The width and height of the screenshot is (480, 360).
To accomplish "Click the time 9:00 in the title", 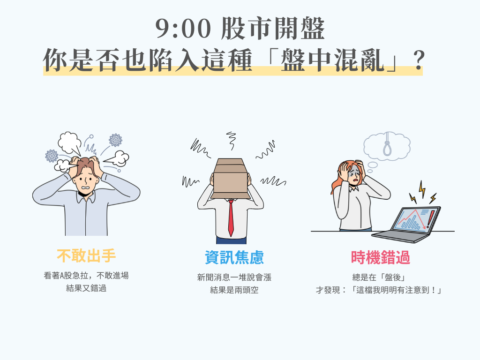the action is (183, 29).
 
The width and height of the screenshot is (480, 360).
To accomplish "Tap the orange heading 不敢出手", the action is (86, 256).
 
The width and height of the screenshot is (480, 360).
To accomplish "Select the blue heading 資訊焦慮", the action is (234, 257).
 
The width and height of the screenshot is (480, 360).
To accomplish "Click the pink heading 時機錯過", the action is (380, 257).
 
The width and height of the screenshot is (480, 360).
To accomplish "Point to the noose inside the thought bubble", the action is (387, 144).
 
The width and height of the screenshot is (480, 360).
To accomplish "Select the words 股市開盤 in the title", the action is (272, 29).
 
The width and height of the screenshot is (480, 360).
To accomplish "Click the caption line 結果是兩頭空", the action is (234, 290).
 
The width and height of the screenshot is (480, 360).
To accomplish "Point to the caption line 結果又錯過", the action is (86, 288).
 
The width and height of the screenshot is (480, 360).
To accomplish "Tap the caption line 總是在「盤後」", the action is (379, 277).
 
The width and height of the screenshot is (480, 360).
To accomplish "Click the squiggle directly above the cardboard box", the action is (231, 141).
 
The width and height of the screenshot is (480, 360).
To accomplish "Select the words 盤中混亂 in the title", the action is (332, 60).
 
